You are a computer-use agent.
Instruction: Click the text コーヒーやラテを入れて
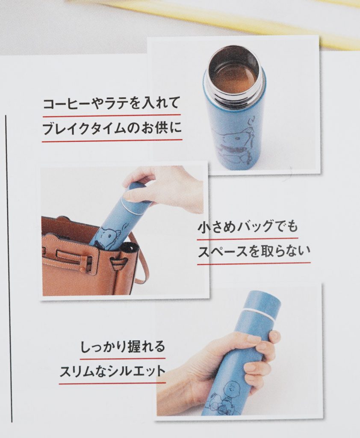[x=111, y=103]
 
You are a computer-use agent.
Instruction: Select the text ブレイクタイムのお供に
[x=112, y=129]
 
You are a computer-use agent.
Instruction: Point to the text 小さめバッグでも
[x=248, y=227]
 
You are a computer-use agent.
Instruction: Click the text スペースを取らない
[x=254, y=251]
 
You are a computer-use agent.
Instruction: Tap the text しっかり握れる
[x=123, y=346]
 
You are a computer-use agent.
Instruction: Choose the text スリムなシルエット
[x=112, y=371]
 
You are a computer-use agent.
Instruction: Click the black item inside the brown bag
[x=129, y=249]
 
